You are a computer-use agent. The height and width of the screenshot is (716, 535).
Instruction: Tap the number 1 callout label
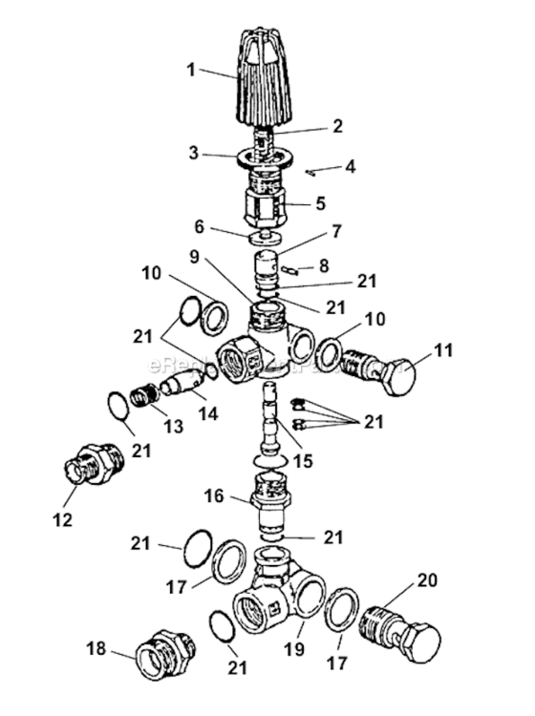pos(191,68)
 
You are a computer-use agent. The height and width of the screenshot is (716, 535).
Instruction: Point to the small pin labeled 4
pos(311,173)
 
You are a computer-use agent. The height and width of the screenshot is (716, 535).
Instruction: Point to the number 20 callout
pos(426,580)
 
